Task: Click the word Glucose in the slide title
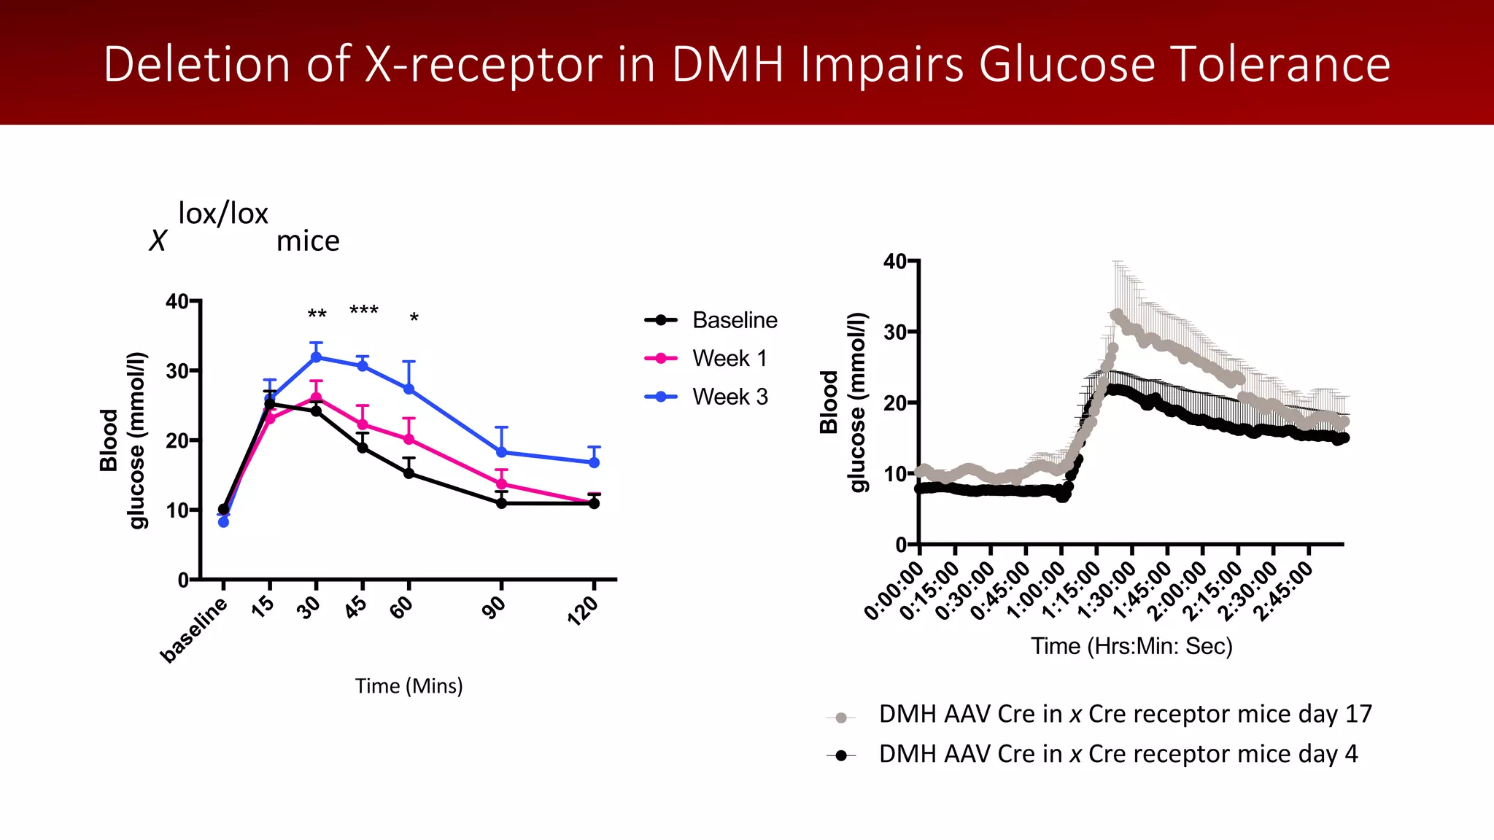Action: pyautogui.click(x=1067, y=65)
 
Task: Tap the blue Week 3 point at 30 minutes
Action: pyautogui.click(x=316, y=357)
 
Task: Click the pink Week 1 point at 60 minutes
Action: pyautogui.click(x=409, y=439)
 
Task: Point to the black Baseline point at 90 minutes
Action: pyautogui.click(x=501, y=503)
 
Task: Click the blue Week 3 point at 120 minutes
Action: pyautogui.click(x=594, y=462)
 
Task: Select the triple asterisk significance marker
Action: pyautogui.click(x=363, y=311)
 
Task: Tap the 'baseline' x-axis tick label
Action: pyautogui.click(x=194, y=629)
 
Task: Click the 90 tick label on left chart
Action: pyautogui.click(x=495, y=607)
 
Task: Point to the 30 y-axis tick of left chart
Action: pyautogui.click(x=177, y=370)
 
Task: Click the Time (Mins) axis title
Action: pyautogui.click(x=409, y=686)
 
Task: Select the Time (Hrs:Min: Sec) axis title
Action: pyautogui.click(x=1131, y=646)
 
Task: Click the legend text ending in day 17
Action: pyautogui.click(x=1125, y=714)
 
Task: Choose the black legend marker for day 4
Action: pyautogui.click(x=841, y=755)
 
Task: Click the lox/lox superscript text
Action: pyautogui.click(x=223, y=214)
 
